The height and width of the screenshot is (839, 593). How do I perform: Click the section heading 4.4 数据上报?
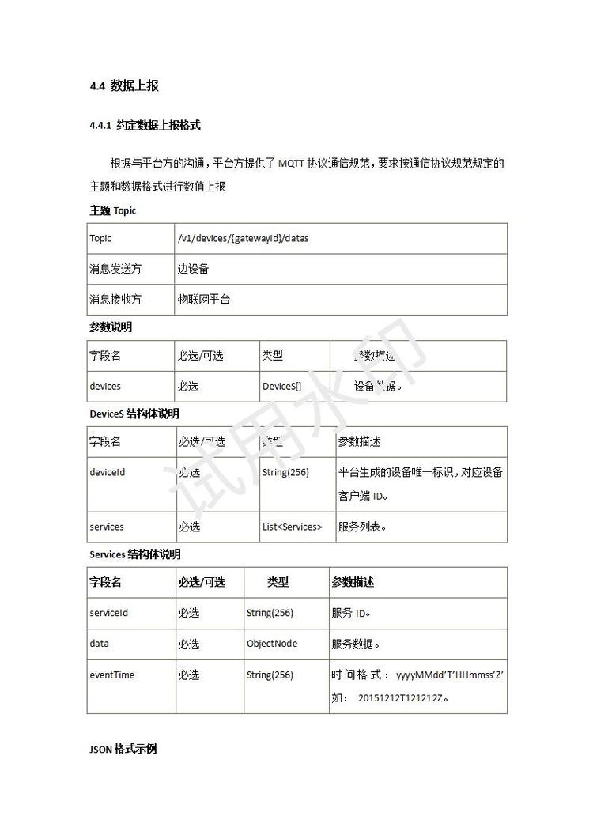point(125,86)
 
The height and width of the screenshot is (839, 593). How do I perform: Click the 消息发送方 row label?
point(115,269)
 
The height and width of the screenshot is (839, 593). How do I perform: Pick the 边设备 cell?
point(193,269)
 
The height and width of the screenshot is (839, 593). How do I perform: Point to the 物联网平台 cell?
point(204,300)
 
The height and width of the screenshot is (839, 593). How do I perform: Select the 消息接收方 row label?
point(115,300)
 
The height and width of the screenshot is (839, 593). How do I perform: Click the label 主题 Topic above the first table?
point(112,210)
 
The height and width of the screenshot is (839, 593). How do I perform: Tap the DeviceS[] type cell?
point(282,387)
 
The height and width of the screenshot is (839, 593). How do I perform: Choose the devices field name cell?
point(105,387)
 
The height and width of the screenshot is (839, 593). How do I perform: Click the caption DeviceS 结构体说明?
point(134,414)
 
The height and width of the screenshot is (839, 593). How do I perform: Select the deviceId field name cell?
point(108,472)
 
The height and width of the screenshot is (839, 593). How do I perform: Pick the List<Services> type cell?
point(293,527)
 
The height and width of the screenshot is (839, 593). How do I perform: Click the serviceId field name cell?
point(109,613)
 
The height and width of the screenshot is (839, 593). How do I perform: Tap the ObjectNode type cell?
point(272,644)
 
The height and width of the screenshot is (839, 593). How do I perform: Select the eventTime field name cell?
point(112,675)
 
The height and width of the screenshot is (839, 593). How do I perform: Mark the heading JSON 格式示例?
point(123,748)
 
